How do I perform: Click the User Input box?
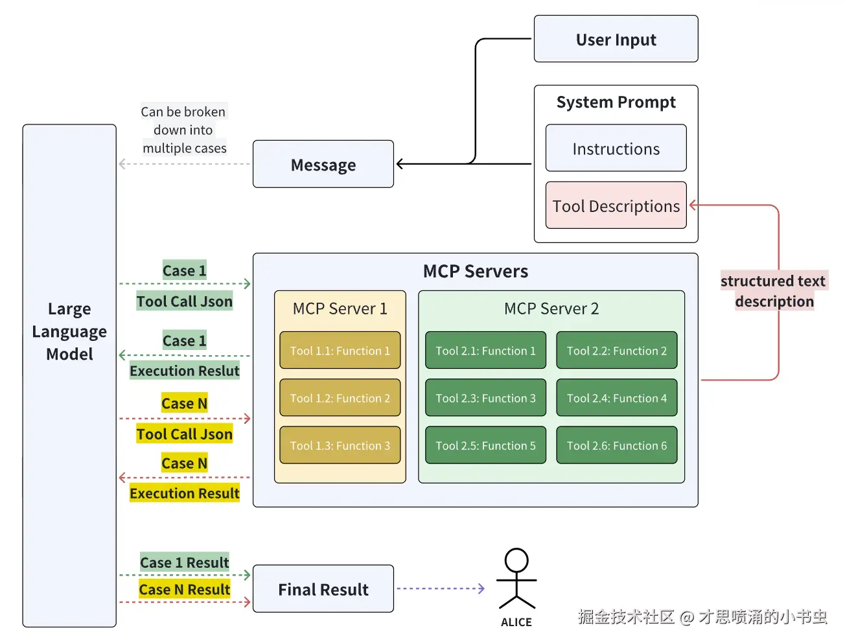[x=616, y=40]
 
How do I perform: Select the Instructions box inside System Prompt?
[x=616, y=148]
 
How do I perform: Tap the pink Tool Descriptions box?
[x=616, y=205]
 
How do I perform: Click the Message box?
[x=323, y=165]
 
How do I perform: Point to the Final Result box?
[x=323, y=589]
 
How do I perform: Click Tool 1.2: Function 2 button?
[x=340, y=398]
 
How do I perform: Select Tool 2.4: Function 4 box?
[x=616, y=398]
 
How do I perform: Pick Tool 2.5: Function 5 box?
[x=485, y=445]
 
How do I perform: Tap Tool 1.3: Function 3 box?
[x=340, y=445]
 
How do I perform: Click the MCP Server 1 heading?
[x=340, y=309]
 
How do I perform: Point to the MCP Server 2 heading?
[x=551, y=309]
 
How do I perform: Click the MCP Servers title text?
[x=475, y=271]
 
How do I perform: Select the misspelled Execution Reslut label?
[x=185, y=371]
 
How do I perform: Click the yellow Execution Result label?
[x=185, y=493]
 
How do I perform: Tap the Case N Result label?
[x=185, y=589]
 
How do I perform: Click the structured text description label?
[x=773, y=291]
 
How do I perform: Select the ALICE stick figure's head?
[x=516, y=560]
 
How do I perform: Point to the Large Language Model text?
[x=69, y=331]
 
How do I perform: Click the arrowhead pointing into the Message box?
[x=400, y=164]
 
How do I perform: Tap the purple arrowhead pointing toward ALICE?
[x=481, y=589]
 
